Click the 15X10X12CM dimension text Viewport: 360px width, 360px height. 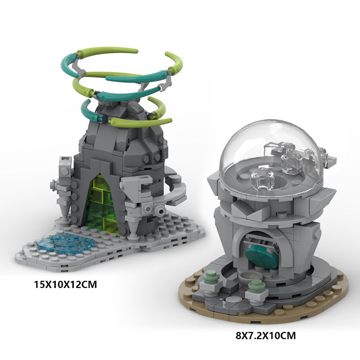coord(65,284)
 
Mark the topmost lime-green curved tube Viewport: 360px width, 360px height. coord(108,51)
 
